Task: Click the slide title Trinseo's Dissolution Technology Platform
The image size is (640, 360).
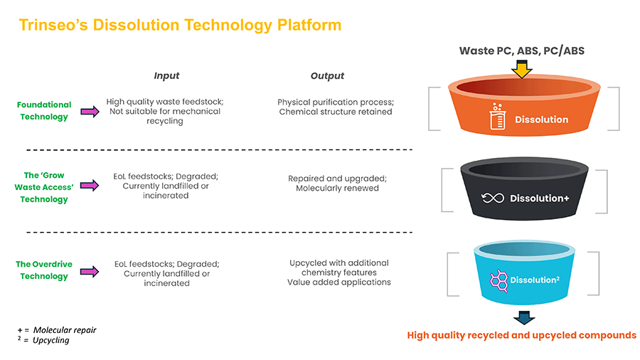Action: (x=180, y=26)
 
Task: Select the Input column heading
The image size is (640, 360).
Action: (x=166, y=75)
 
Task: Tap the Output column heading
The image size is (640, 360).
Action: (x=327, y=75)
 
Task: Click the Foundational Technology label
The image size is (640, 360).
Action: (x=44, y=110)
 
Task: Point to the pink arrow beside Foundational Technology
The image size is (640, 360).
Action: (x=90, y=112)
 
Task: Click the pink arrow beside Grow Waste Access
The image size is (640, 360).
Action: (x=90, y=186)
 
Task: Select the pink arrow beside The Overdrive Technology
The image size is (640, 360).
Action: (x=90, y=271)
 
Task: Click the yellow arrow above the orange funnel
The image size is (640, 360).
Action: (x=522, y=68)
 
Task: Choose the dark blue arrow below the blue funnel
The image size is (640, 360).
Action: (x=523, y=317)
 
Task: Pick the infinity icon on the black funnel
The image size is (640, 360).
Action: (x=492, y=198)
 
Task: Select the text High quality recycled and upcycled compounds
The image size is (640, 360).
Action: (x=521, y=335)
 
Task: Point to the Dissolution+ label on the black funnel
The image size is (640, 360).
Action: (x=540, y=198)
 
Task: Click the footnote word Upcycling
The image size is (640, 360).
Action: (x=51, y=340)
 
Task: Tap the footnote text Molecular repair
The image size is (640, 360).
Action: (x=65, y=330)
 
